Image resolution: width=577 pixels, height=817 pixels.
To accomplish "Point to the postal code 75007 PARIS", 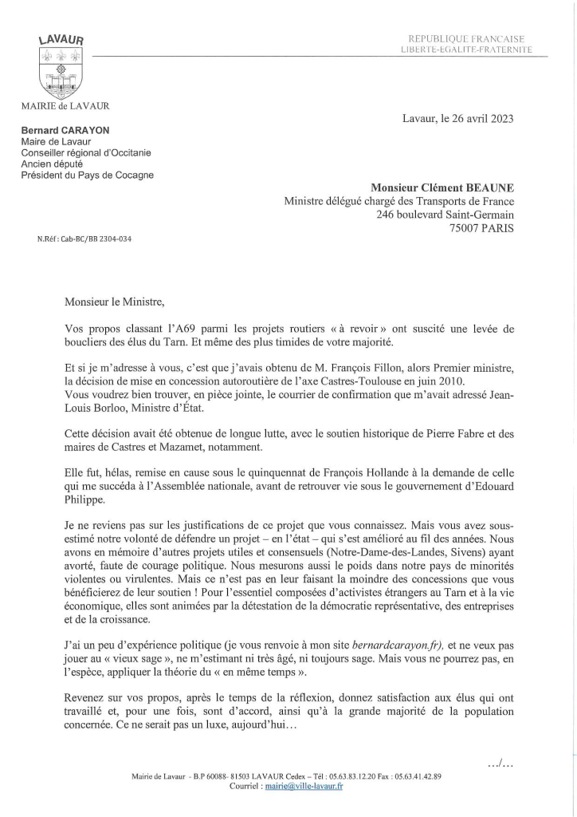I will coord(481,227).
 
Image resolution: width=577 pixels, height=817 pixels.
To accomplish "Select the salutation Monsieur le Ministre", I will coord(115,301).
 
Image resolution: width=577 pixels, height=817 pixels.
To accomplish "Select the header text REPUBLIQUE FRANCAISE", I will coord(465,39).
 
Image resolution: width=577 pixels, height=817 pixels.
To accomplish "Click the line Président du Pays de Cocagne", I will coord(88,176).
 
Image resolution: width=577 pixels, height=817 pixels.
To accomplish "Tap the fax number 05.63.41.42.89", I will coord(414,776).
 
